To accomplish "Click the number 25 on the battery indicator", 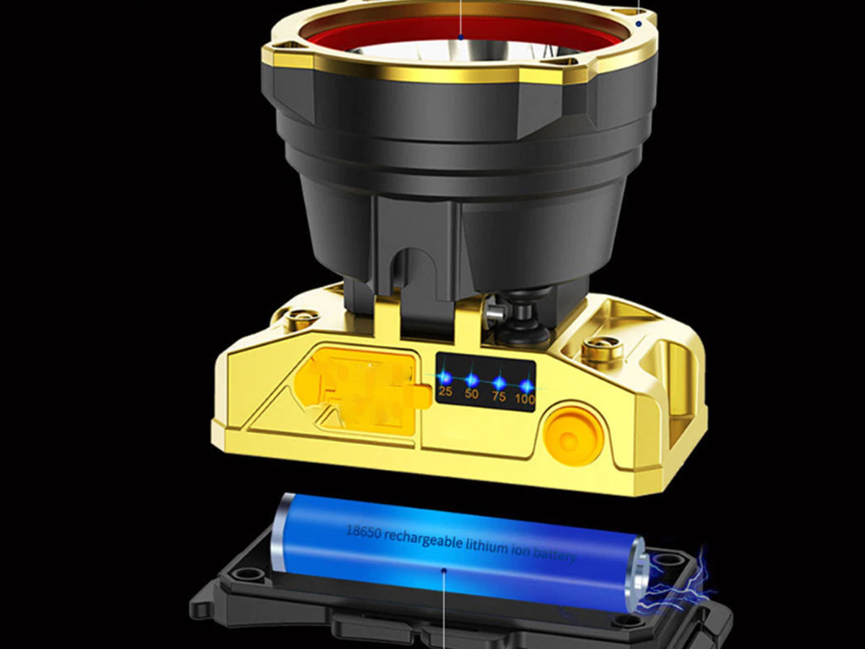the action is (x=445, y=392).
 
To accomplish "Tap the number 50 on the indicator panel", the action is (x=471, y=394).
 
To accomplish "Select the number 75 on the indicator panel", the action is (x=499, y=396).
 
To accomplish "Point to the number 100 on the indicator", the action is (x=525, y=399).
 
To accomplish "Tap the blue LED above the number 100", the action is (x=525, y=384).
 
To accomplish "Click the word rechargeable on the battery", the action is (x=423, y=539).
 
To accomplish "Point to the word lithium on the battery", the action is (x=487, y=547).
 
